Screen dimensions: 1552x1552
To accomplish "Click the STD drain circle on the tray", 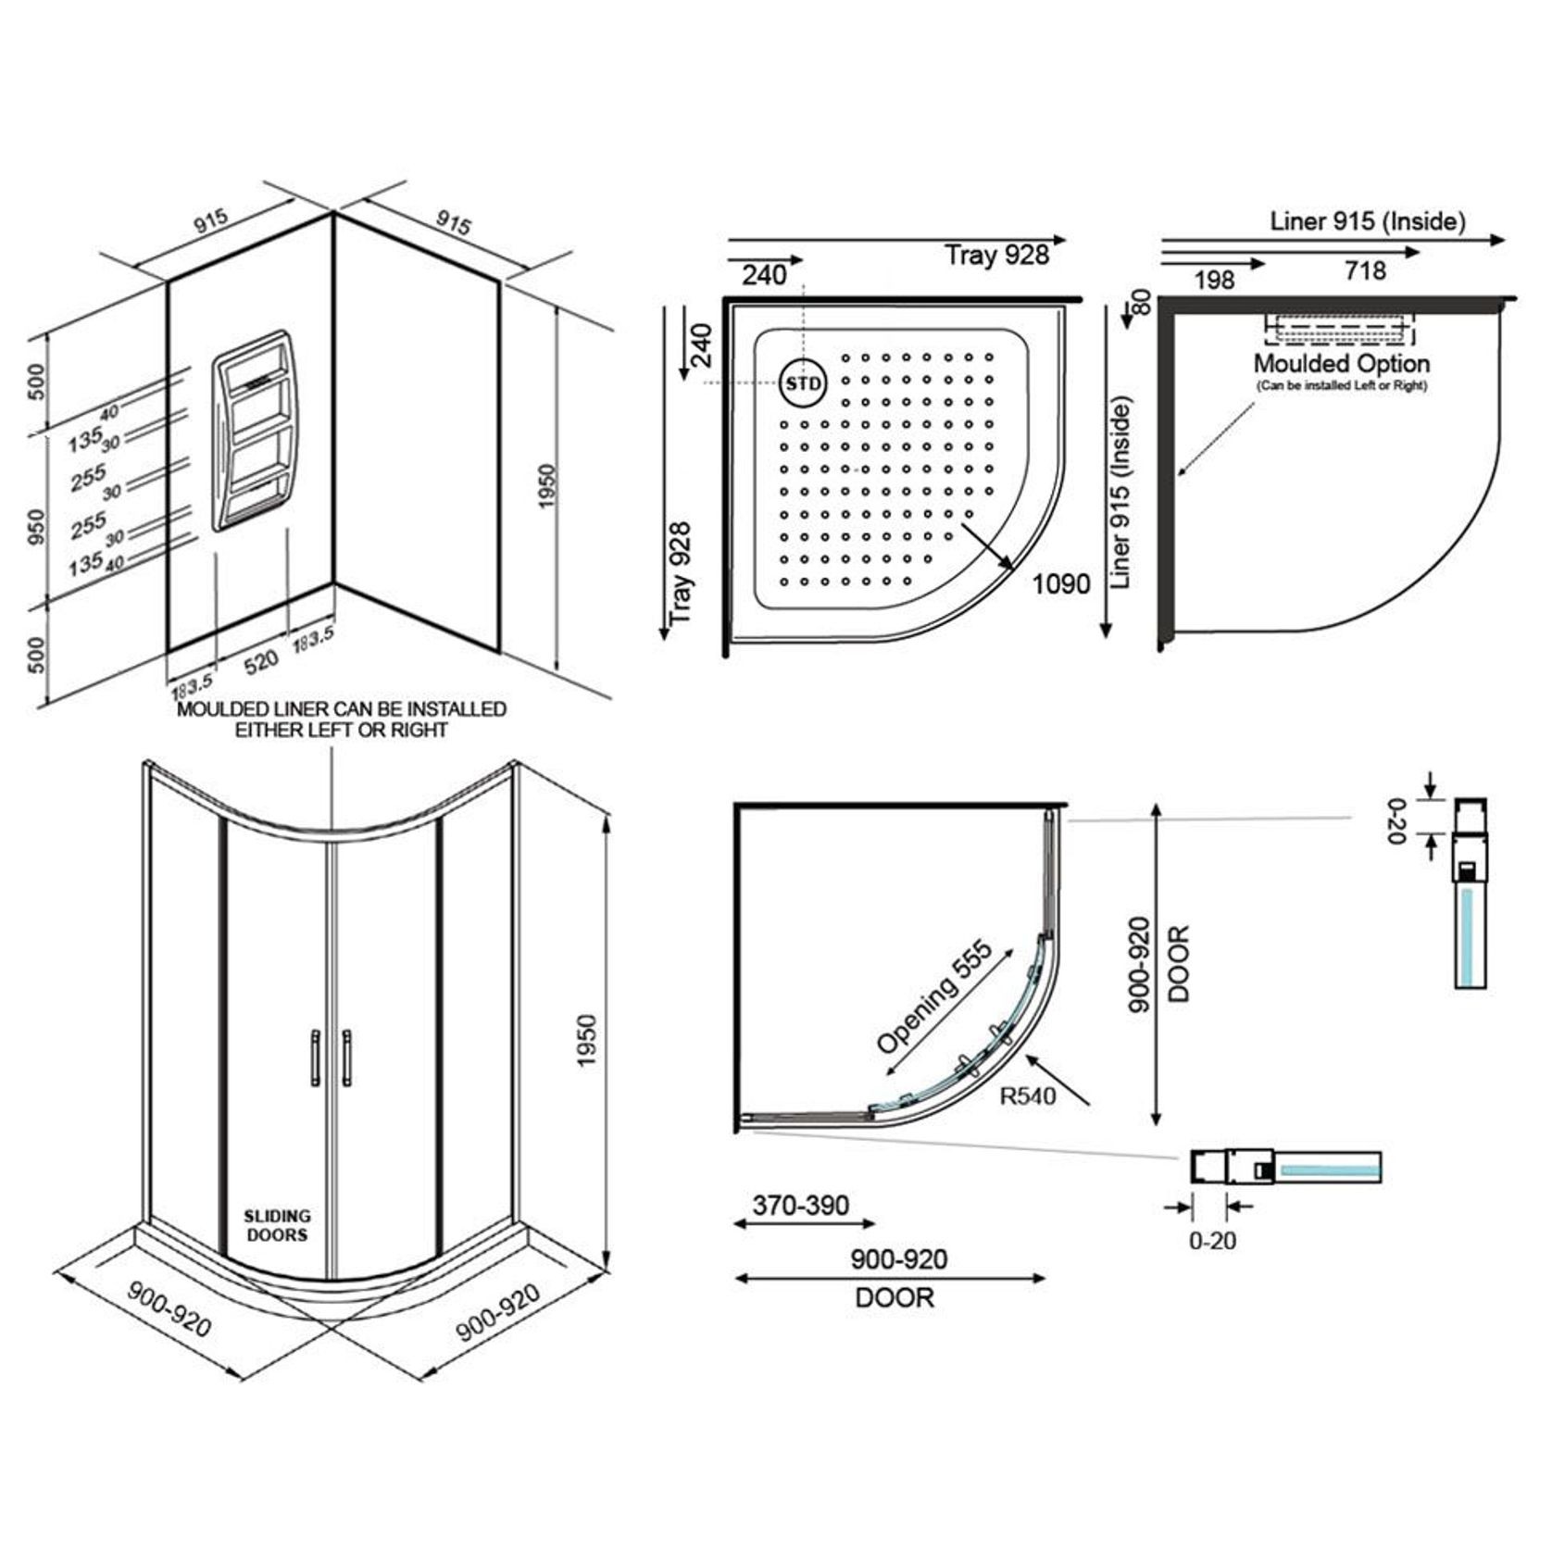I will [803, 383].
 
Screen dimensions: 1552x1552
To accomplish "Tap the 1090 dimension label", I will [1061, 584].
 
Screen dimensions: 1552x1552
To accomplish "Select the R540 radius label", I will [1028, 1096].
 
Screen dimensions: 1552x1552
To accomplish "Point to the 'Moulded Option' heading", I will [1342, 363].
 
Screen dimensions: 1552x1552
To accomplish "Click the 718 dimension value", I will [1366, 271].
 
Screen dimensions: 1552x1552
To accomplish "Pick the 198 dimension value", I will [1214, 280].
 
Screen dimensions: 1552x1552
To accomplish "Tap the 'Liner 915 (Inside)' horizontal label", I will [1368, 221].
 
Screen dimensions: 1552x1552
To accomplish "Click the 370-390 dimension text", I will [801, 1205].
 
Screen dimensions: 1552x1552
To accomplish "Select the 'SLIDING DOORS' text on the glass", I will [277, 1225].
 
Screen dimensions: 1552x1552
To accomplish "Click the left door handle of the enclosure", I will [315, 1056].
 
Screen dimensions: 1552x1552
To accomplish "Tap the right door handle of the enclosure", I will [346, 1056].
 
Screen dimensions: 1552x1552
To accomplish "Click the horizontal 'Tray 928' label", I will [996, 255].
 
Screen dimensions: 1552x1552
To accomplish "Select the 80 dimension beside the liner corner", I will [1142, 302].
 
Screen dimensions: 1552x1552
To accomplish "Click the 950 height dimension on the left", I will [36, 527].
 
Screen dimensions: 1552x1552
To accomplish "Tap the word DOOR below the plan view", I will [895, 1297].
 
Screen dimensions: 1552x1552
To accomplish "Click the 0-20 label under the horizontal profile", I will [1212, 1240].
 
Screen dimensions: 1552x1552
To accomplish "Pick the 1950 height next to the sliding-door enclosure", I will [587, 1041].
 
